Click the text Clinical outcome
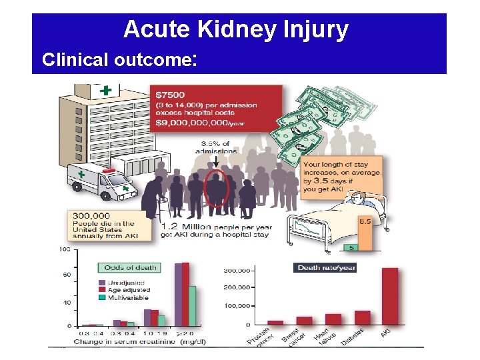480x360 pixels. tap(116, 60)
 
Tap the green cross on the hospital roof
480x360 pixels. tap(105, 90)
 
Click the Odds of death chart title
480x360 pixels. tap(130, 267)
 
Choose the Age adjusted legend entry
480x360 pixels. tap(128, 290)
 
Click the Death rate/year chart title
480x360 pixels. tap(326, 267)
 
